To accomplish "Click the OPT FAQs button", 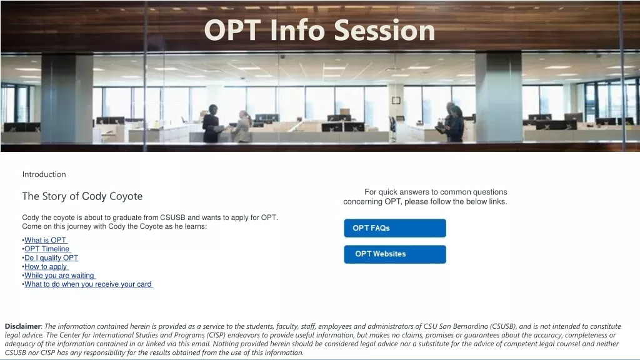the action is tap(395, 228).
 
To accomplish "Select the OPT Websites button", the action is tap(395, 254).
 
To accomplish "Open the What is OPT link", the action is tap(45, 240).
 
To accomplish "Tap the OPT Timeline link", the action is tap(47, 249).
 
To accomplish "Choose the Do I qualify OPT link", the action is tap(51, 257).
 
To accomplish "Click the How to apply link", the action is tap(46, 266).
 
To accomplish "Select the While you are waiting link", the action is tap(59, 276).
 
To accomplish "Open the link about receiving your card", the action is tap(88, 284).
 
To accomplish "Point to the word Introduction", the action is tap(44, 174).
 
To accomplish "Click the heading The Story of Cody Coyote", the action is tap(82, 196).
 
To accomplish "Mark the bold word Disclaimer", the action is tap(23, 326).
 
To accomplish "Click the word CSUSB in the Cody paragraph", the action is tap(172, 217).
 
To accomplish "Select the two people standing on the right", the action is tap(452, 122).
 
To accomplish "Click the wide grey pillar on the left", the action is tap(67, 98).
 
